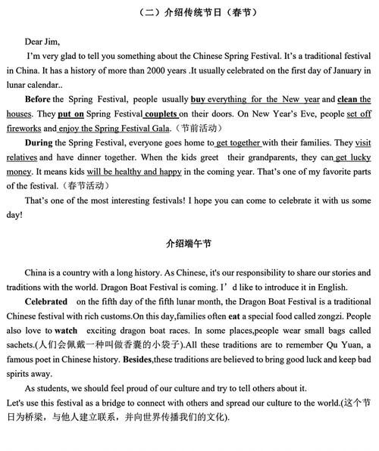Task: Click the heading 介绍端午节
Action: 189,244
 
